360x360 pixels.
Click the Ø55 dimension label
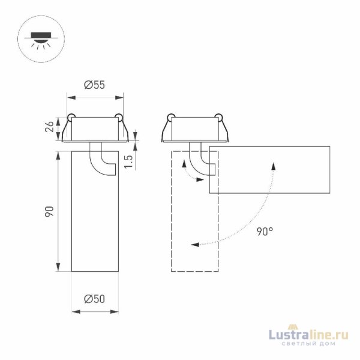95,86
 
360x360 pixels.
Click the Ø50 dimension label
95,299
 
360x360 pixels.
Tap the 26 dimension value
50,127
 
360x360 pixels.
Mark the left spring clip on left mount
71,118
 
